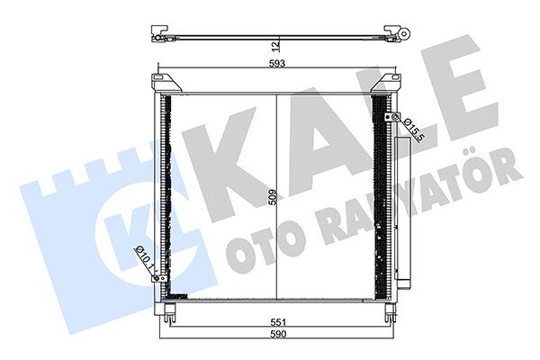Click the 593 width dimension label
[276, 64]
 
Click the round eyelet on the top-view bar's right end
[404, 34]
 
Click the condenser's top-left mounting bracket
[169, 84]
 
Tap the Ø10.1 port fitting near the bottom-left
[160, 277]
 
